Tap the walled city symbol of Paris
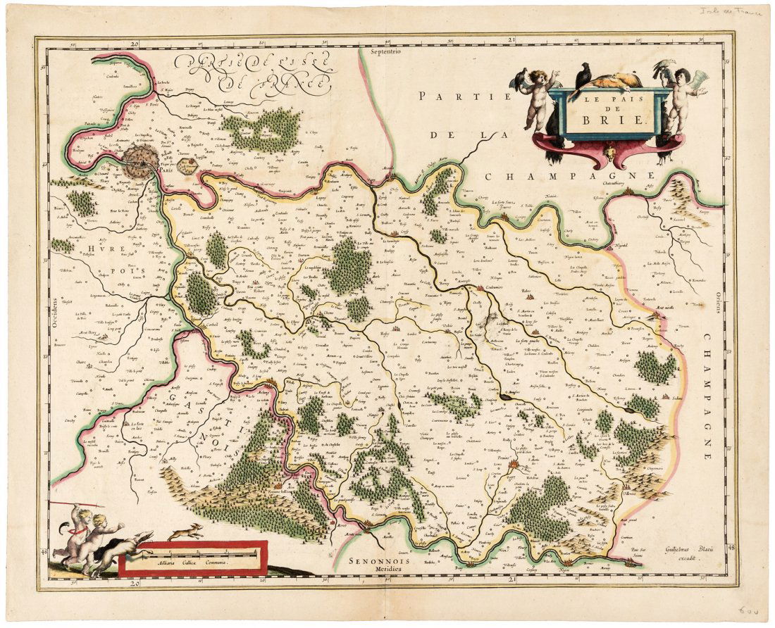click(x=140, y=161)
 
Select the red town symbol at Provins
click(x=515, y=465)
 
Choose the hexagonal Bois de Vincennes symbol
click(x=187, y=167)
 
